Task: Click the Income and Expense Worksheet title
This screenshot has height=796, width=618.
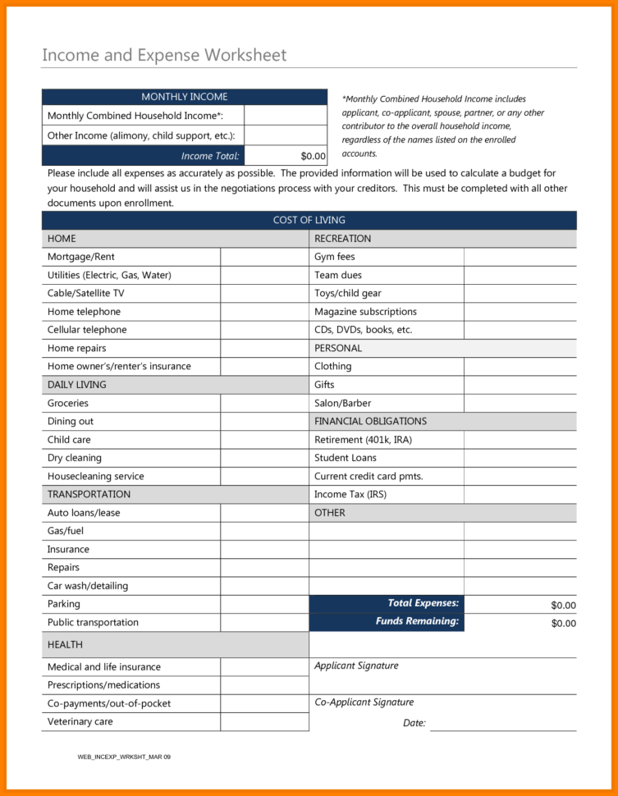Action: [164, 56]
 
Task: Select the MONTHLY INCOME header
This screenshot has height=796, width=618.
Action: [185, 97]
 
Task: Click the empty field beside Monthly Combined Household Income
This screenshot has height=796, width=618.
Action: [286, 116]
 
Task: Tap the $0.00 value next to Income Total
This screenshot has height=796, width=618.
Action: [313, 156]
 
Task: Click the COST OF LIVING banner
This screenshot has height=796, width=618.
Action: [309, 220]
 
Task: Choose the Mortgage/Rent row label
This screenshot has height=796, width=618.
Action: [81, 257]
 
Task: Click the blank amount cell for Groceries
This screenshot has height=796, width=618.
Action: [264, 403]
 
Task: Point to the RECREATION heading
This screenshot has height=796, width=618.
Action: [342, 239]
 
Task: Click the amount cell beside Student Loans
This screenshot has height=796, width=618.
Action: [520, 458]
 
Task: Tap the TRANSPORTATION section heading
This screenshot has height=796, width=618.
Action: [89, 494]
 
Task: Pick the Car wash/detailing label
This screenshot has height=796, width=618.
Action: [88, 586]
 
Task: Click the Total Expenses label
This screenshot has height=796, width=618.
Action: [423, 603]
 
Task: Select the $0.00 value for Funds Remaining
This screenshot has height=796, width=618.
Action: [563, 624]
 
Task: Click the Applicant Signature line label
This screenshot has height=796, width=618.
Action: [356, 666]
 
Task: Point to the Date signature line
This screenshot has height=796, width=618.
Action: [502, 724]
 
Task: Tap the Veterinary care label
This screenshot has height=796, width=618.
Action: [80, 721]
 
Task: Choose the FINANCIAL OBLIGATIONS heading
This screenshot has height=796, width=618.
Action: [370, 421]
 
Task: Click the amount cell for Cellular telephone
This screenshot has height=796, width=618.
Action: [264, 330]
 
